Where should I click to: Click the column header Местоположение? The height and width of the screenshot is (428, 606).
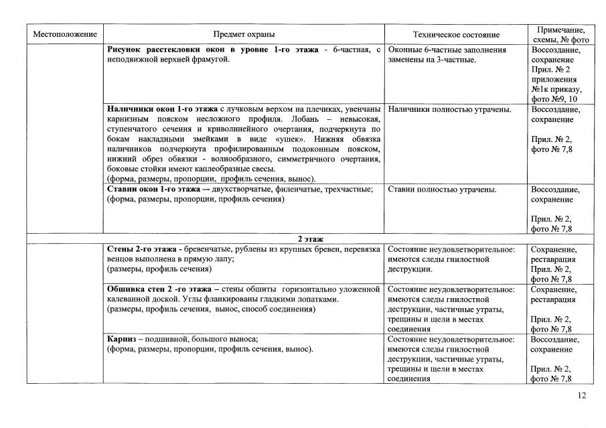pos(66,34)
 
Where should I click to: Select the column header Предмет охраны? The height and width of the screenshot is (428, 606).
pos(244,34)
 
